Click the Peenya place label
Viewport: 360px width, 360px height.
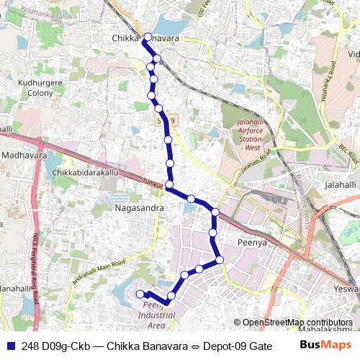pyautogui.click(x=253, y=243)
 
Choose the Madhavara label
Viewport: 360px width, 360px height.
pyautogui.click(x=24, y=155)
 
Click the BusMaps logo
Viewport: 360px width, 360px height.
pyautogui.click(x=327, y=346)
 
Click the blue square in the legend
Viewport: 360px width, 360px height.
pyautogui.click(x=9, y=346)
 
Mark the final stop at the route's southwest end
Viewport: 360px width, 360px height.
pyautogui.click(x=140, y=294)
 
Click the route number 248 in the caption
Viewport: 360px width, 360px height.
pyautogui.click(x=31, y=346)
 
